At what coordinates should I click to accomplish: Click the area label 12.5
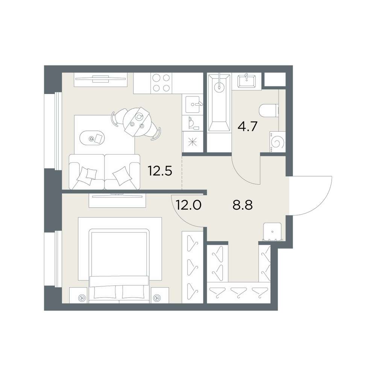pos(160,171)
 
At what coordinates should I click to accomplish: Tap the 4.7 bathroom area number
pos(247,126)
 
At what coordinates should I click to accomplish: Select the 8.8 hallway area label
pos(243,205)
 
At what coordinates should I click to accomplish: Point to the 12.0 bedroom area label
pos(188,205)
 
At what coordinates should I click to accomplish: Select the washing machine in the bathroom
pos(277,142)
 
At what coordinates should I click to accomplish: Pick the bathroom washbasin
pos(247,81)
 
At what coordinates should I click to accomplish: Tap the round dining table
pos(136,122)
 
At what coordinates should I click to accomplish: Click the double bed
pos(119,266)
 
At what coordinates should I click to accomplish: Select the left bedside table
pos(78,296)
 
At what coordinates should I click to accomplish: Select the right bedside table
pos(160,296)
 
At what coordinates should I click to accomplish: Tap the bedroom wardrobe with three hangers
pos(193,267)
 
